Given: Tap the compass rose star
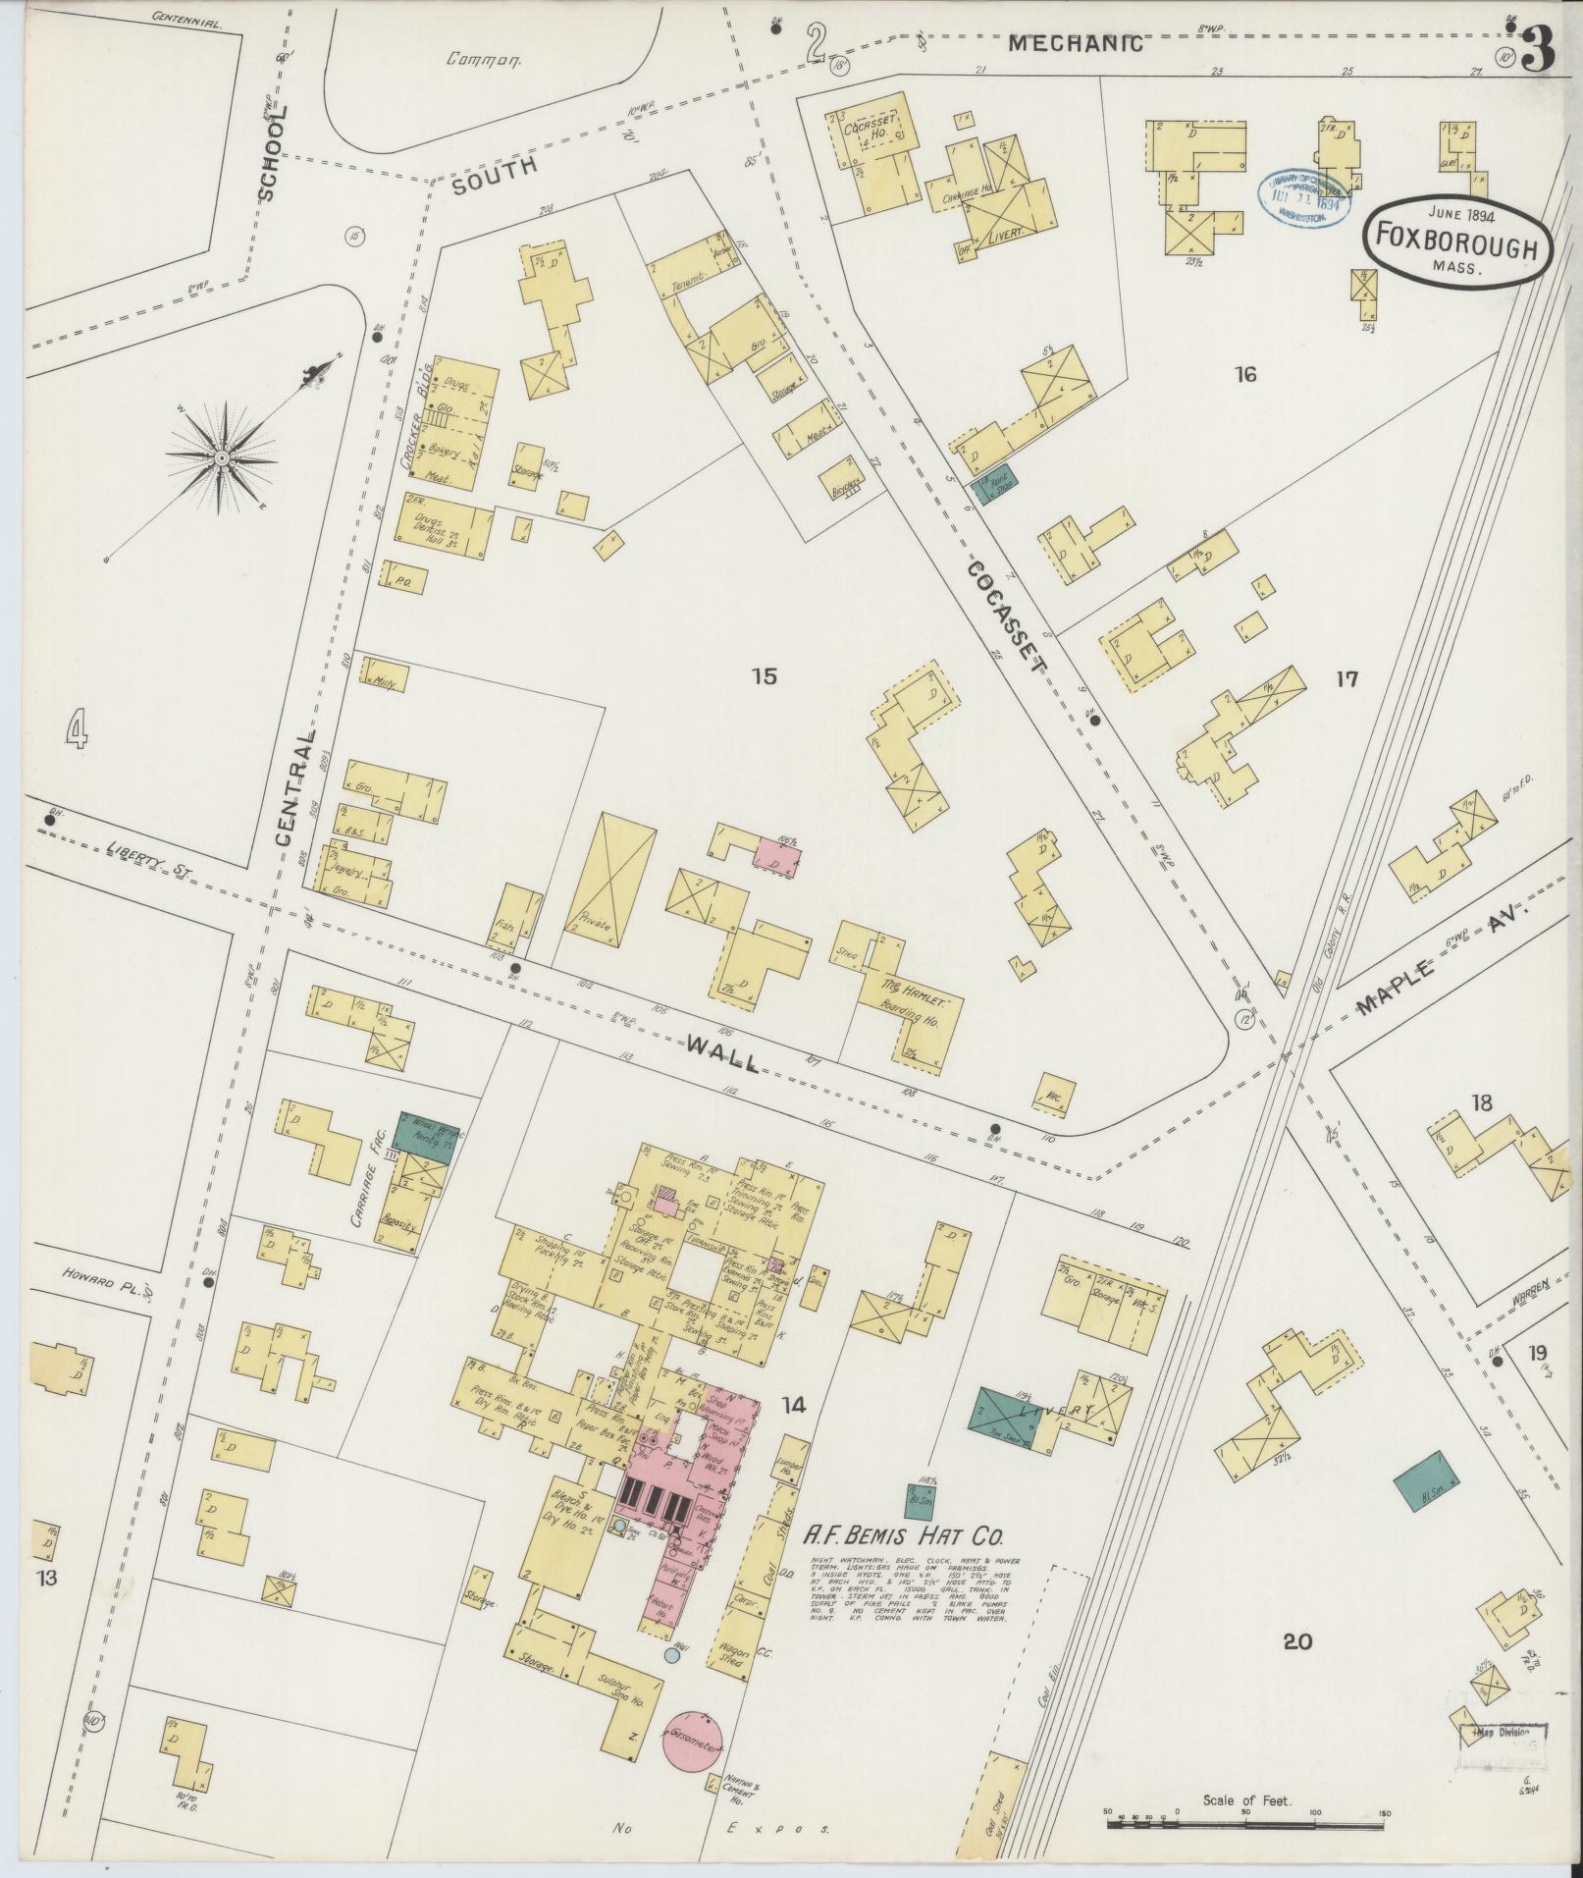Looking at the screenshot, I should [x=223, y=458].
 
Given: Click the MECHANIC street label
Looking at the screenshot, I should [x=1076, y=43].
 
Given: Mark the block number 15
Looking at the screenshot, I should [x=765, y=675].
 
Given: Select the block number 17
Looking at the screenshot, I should [x=1346, y=678].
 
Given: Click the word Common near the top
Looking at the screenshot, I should [x=482, y=58].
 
